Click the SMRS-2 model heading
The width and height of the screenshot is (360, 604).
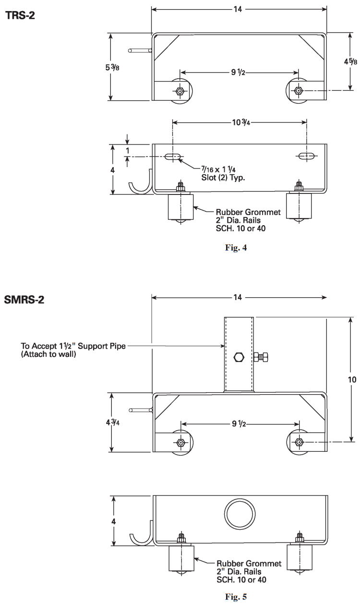25,301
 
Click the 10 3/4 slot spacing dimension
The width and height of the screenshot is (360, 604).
239,122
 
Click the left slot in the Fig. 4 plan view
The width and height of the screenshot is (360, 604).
173,156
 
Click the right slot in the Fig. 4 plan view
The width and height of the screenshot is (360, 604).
305,156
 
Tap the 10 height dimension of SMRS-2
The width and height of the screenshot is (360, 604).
352,379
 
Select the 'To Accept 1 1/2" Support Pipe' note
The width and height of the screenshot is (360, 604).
73,349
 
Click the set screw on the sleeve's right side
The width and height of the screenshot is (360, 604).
262,357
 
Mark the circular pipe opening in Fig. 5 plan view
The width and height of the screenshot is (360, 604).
239,516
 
